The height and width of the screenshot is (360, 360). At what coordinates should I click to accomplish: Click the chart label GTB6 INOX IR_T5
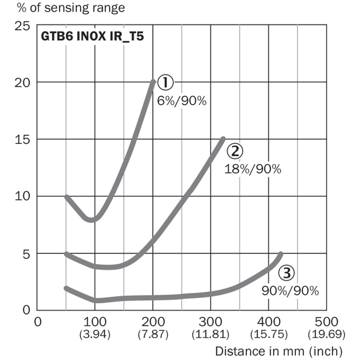click(x=92, y=37)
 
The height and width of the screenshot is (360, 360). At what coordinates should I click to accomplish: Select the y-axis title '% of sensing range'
click(x=71, y=8)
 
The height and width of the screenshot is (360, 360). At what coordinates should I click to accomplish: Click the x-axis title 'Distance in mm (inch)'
click(x=278, y=352)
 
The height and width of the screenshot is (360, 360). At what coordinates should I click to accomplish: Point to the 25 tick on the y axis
click(x=22, y=26)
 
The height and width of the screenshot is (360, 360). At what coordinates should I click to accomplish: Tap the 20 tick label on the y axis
click(x=22, y=83)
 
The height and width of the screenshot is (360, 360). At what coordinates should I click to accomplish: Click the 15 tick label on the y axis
click(x=22, y=140)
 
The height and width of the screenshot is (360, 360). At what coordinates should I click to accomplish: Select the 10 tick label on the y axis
click(x=22, y=196)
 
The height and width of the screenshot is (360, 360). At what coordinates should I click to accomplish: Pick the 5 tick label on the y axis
click(x=26, y=254)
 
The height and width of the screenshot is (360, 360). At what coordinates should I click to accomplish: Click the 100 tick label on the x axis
click(x=95, y=322)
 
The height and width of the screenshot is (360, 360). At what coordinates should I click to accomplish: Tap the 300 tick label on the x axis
click(x=210, y=322)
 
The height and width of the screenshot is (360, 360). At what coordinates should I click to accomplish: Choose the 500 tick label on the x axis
click(x=326, y=322)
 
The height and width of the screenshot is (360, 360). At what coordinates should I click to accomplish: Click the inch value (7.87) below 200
click(x=153, y=334)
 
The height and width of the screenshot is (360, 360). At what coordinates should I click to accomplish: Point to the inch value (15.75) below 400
click(x=268, y=334)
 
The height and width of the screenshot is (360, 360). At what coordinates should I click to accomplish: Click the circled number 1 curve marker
click(x=165, y=83)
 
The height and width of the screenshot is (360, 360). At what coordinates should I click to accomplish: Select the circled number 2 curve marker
click(x=235, y=151)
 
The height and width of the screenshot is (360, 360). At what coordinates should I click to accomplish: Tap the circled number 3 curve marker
click(x=286, y=273)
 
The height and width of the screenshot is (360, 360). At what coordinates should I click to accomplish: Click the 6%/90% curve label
click(x=182, y=101)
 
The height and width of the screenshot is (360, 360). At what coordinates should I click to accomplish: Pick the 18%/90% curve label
click(x=253, y=169)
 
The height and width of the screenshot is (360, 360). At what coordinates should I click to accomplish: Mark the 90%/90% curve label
click(x=290, y=291)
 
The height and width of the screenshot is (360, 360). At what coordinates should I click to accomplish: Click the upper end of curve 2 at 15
click(x=223, y=139)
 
